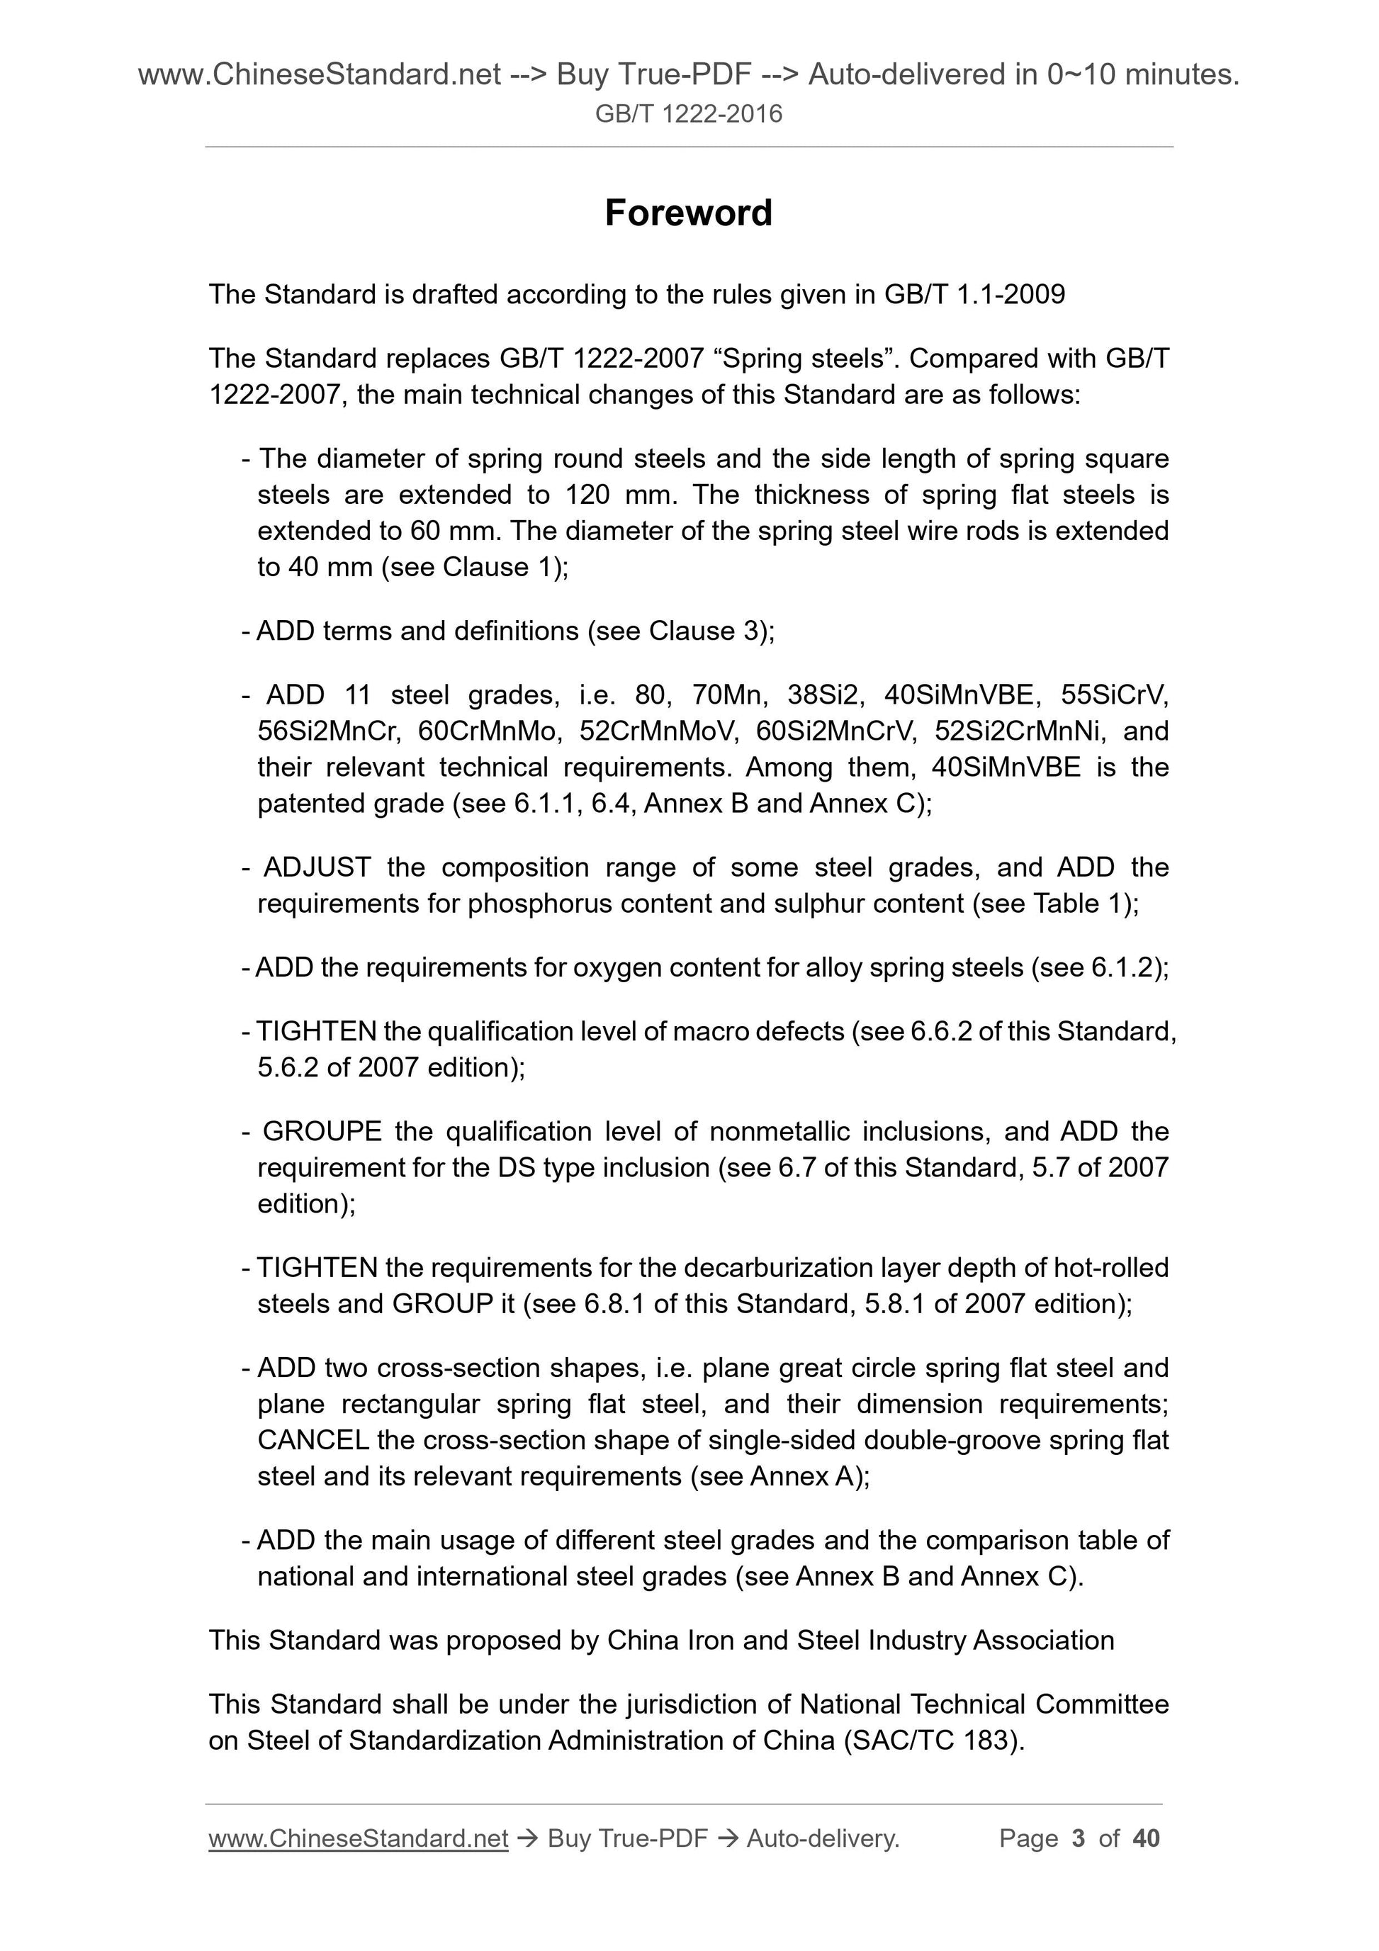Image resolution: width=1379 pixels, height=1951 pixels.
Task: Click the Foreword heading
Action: [x=688, y=213]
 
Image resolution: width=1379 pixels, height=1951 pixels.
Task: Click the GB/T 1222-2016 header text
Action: [x=688, y=114]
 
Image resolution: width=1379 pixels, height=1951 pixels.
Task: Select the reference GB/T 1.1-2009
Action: [x=974, y=295]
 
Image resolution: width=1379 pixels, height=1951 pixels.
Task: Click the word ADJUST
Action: [x=317, y=867]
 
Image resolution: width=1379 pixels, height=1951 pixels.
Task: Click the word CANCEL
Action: [x=313, y=1440]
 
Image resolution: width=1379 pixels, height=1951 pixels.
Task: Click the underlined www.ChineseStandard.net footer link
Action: [x=358, y=1839]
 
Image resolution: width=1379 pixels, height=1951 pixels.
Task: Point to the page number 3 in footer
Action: [x=1079, y=1839]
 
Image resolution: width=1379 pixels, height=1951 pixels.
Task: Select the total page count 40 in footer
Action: [x=1145, y=1839]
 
